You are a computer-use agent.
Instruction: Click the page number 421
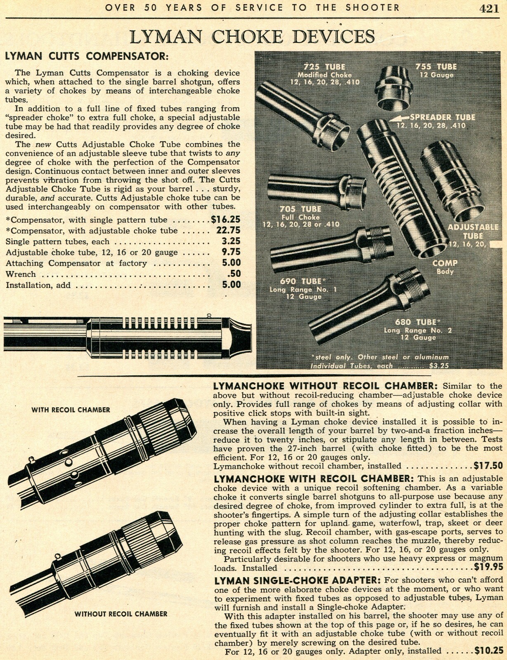tap(489, 9)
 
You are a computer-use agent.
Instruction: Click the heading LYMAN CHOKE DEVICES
tap(252, 37)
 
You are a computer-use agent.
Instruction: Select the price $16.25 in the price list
tap(226, 219)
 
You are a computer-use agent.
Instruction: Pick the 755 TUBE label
tap(436, 67)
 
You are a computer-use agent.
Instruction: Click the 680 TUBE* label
tap(415, 322)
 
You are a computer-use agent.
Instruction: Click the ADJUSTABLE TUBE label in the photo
tap(473, 231)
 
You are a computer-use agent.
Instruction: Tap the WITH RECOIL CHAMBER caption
tap(71, 410)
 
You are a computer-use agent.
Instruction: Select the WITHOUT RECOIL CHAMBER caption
tap(121, 614)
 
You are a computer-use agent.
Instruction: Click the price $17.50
tap(488, 466)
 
